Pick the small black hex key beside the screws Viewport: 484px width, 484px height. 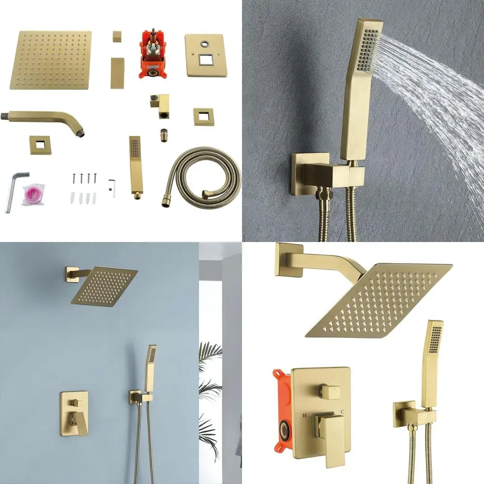tap(112, 186)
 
